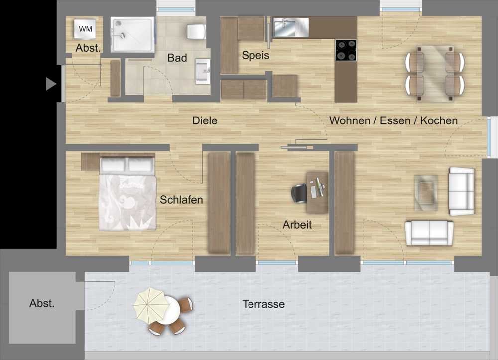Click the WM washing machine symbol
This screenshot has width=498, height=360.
[x=85, y=29]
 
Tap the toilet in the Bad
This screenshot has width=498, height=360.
[x=196, y=32]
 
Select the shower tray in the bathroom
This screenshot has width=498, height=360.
[x=132, y=35]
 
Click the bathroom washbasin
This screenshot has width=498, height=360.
[x=203, y=71]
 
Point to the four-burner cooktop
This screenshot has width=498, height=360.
[x=346, y=50]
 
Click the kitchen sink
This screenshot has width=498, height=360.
[x=291, y=27]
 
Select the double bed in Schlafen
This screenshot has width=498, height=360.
[x=127, y=193]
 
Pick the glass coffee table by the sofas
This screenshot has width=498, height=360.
[x=426, y=193]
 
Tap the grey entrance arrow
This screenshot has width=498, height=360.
[x=51, y=84]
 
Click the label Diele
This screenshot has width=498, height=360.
[x=205, y=120]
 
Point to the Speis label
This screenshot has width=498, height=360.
[x=255, y=55]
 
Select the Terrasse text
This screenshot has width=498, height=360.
[x=263, y=304]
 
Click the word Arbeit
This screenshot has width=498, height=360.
[x=297, y=225]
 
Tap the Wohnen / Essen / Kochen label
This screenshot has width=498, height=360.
[x=393, y=120]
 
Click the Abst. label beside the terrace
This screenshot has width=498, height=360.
[x=42, y=303]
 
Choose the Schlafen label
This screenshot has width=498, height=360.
[x=181, y=200]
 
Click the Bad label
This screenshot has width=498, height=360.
[x=177, y=58]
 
